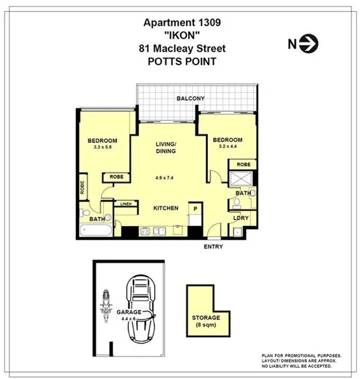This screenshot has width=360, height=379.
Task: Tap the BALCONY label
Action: click(190, 99)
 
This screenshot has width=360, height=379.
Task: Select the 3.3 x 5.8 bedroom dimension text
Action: click(102, 148)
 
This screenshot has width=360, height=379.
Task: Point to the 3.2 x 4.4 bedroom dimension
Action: click(227, 147)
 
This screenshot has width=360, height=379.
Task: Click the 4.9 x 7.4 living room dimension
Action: click(165, 178)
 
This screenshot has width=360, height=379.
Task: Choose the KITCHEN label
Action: click(166, 208)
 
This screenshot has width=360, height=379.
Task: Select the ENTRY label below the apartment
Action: click(213, 247)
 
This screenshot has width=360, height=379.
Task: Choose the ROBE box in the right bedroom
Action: click(242, 164)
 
